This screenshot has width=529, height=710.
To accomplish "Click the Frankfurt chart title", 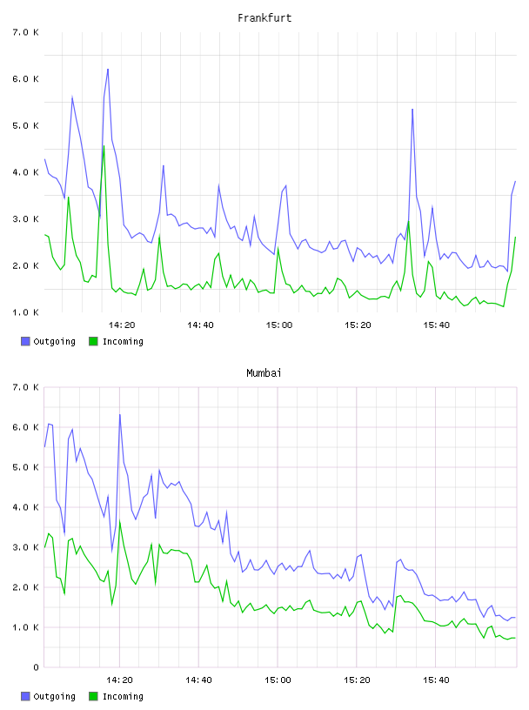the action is pyautogui.click(x=264, y=18).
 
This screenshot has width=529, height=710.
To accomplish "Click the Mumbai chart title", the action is pyautogui.click(x=264, y=373).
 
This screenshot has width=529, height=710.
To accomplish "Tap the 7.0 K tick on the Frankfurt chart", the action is pyautogui.click(x=25, y=32).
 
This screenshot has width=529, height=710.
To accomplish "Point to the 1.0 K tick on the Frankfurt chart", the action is pyautogui.click(x=25, y=312).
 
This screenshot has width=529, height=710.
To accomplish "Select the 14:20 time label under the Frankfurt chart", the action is pyautogui.click(x=122, y=325).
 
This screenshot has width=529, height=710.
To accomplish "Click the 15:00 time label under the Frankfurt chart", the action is pyautogui.click(x=279, y=325).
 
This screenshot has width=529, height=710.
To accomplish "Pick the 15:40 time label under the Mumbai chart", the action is pyautogui.click(x=436, y=680).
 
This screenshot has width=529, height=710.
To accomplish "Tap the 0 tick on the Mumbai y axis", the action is pyautogui.click(x=36, y=667).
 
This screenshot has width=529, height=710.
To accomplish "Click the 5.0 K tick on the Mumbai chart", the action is pyautogui.click(x=25, y=467).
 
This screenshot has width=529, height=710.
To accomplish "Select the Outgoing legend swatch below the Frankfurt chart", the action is pyautogui.click(x=25, y=341).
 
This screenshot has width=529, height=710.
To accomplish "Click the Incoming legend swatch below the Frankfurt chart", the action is pyautogui.click(x=93, y=341).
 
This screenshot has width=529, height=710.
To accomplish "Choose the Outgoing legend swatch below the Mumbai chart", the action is pyautogui.click(x=25, y=696).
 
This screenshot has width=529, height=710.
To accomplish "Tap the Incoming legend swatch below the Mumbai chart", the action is pyautogui.click(x=93, y=696).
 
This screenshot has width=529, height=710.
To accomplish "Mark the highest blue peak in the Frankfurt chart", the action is pyautogui.click(x=108, y=70).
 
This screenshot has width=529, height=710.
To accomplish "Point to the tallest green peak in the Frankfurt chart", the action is pyautogui.click(x=104, y=146).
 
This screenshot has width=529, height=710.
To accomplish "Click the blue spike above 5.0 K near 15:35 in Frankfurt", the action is pyautogui.click(x=412, y=109).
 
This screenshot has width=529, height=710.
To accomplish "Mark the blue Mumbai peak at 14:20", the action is pyautogui.click(x=119, y=414).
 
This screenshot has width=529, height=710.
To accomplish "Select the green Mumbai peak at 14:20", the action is pyautogui.click(x=119, y=520).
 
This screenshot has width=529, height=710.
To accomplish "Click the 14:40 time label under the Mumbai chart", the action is pyautogui.click(x=199, y=680).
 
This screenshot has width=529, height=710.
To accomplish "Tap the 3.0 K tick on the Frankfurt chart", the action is pyautogui.click(x=25, y=219).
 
